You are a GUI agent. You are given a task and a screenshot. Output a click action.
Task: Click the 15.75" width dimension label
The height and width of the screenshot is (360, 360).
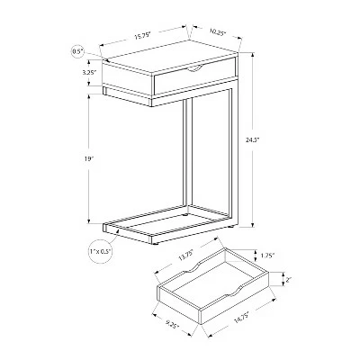[142, 37]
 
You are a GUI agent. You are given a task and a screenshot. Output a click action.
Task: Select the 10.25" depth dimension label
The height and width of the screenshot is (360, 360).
[218, 32]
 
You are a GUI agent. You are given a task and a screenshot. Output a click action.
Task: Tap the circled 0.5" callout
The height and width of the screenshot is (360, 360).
[77, 51]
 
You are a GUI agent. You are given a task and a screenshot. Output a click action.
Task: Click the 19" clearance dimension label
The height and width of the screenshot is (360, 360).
[87, 159]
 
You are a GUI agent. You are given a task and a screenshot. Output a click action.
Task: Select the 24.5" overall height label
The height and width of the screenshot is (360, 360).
[252, 139]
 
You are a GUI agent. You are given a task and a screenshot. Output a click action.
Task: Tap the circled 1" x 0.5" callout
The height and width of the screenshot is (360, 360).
[101, 252]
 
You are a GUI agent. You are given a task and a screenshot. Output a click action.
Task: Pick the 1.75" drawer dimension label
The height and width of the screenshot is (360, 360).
[267, 256]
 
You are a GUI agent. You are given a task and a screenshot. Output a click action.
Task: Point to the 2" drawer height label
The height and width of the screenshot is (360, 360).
[289, 281]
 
